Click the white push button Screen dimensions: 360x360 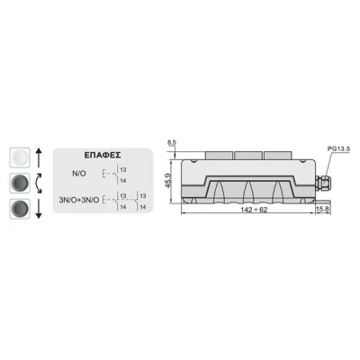pos(20,157)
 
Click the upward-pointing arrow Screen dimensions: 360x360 pos(39,158)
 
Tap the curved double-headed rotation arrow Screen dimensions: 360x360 pos(39,183)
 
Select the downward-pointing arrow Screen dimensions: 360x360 pos(39,209)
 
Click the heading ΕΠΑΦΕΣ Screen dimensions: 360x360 pos(103,155)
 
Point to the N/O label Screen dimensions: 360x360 pos(79,174)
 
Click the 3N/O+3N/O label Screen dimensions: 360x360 pos(79,200)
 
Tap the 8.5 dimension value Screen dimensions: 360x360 pos(172,143)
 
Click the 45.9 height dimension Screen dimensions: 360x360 pos(168,181)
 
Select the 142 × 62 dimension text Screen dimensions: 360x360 pos(254,210)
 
